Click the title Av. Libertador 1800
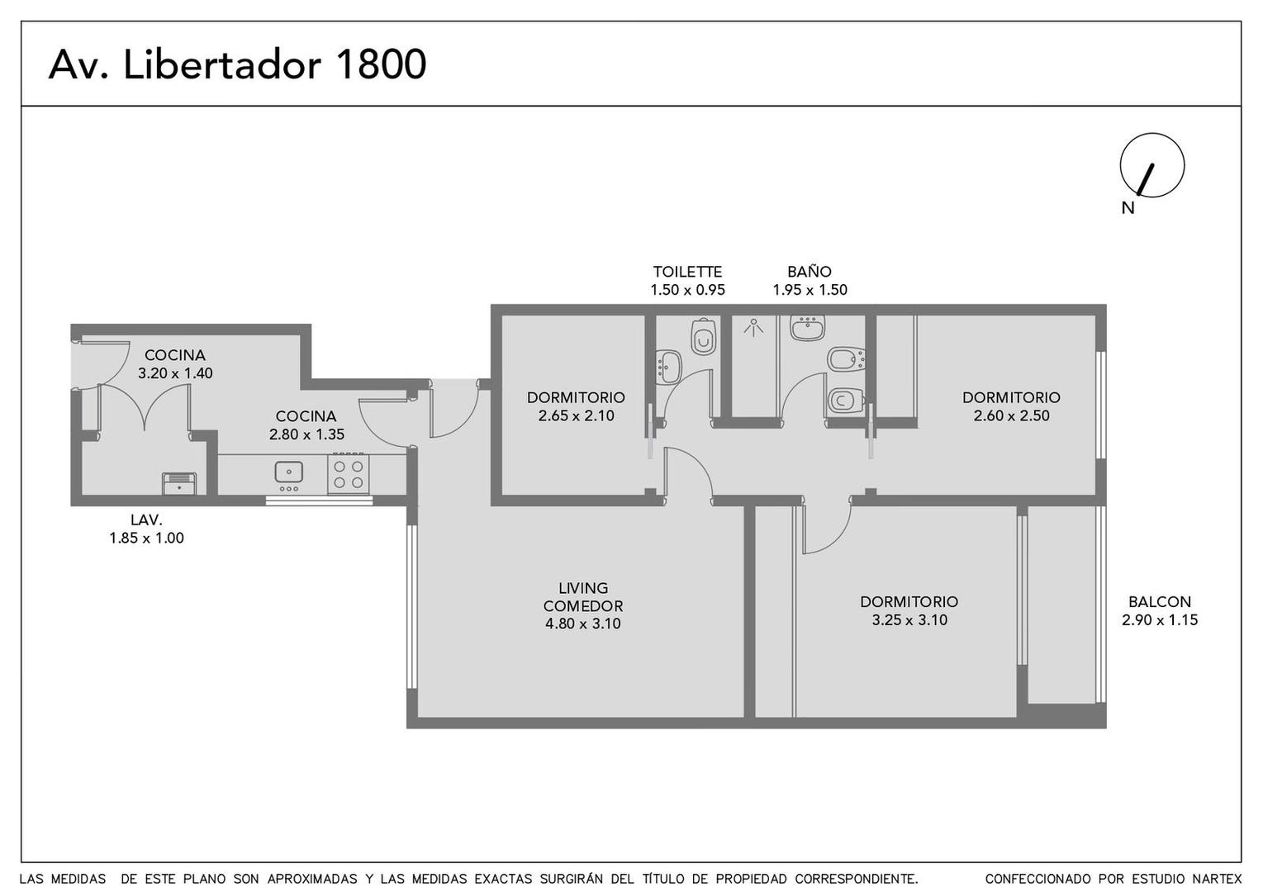pyautogui.click(x=237, y=64)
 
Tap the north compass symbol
pyautogui.click(x=1151, y=166)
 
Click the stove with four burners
pyautogui.click(x=348, y=474)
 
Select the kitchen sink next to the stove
pyautogui.click(x=288, y=472)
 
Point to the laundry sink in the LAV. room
pyautogui.click(x=178, y=482)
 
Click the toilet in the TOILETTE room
pyautogui.click(x=703, y=337)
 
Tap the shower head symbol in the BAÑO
pyautogui.click(x=753, y=328)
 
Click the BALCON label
pyautogui.click(x=1159, y=602)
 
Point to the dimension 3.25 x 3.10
pyautogui.click(x=909, y=620)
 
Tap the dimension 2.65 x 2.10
pyautogui.click(x=576, y=416)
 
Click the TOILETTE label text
pyautogui.click(x=687, y=272)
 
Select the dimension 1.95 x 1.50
pyautogui.click(x=810, y=290)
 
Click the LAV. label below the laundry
pyautogui.click(x=146, y=520)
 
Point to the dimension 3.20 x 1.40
pyautogui.click(x=175, y=373)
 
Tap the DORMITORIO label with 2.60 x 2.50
pyautogui.click(x=1011, y=397)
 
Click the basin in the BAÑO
pyautogui.click(x=807, y=328)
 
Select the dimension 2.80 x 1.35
pyautogui.click(x=306, y=434)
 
